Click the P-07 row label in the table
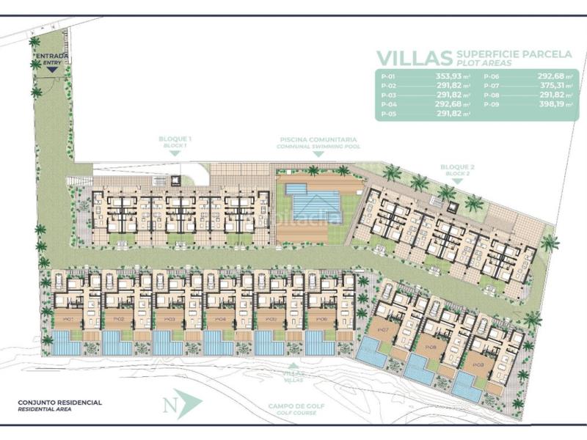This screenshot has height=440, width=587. point(492,87)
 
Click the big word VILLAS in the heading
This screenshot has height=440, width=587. point(413,58)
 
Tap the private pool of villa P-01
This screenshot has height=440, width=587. point(66,342)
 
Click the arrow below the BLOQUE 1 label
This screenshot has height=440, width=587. point(175,153)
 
